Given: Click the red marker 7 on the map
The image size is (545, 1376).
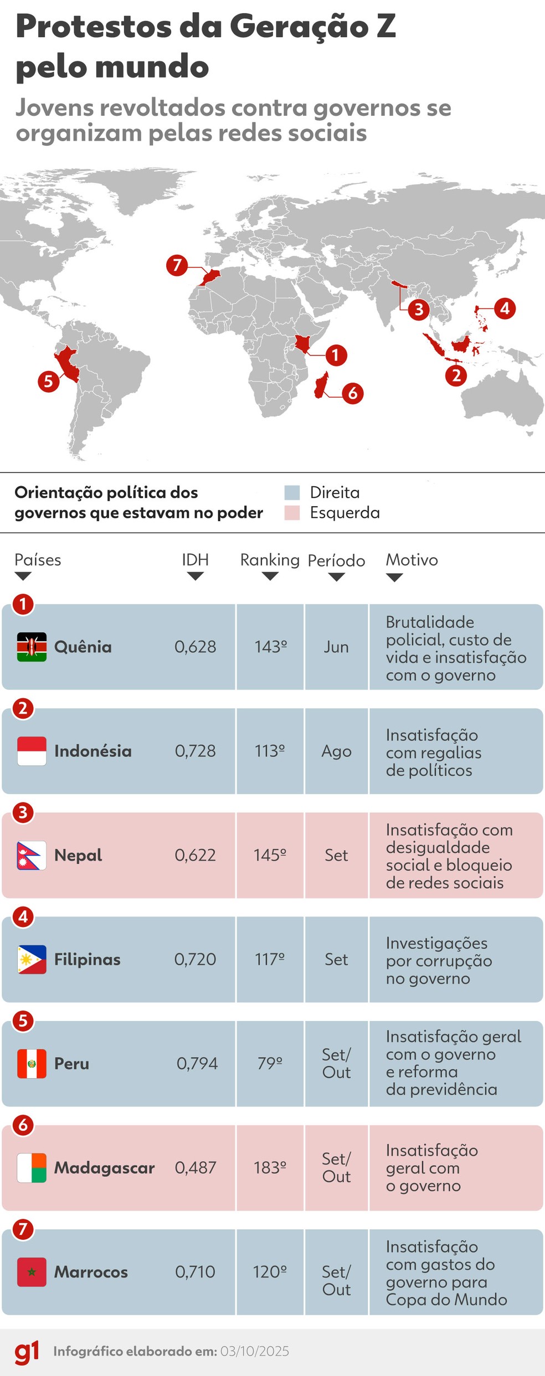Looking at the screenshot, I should (x=177, y=265).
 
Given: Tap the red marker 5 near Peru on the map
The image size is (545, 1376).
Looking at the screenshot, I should (x=49, y=381).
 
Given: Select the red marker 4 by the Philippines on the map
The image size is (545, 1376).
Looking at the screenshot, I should (x=505, y=308).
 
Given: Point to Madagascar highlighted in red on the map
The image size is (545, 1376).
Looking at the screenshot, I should (x=321, y=385).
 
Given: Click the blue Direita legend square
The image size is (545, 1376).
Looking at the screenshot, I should (x=292, y=492).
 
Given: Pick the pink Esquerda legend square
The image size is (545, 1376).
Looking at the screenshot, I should (x=292, y=513).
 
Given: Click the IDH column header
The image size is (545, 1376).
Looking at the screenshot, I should (x=195, y=560).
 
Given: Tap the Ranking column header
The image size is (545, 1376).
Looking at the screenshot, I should (x=270, y=560).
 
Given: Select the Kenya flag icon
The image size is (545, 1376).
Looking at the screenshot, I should (x=32, y=647).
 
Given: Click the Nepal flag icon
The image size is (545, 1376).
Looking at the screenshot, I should (x=32, y=856).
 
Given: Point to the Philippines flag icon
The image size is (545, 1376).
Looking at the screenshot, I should (x=32, y=960).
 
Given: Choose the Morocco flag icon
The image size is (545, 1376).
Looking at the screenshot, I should (x=32, y=1272).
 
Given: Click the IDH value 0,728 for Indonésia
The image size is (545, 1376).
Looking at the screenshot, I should (x=196, y=751).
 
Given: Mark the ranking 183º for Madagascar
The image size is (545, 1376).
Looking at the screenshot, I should (x=270, y=1168).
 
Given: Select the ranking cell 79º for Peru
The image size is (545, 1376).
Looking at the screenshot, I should (x=270, y=1064).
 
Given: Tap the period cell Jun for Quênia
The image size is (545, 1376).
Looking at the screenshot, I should (x=336, y=647).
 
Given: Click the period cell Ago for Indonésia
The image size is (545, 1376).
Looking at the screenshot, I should (x=336, y=751).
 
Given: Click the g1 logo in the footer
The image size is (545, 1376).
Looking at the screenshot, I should (x=27, y=1352).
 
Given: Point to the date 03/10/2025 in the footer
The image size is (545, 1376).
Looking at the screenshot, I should (x=255, y=1352).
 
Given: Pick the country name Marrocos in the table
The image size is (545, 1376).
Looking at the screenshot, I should (x=91, y=1272).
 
